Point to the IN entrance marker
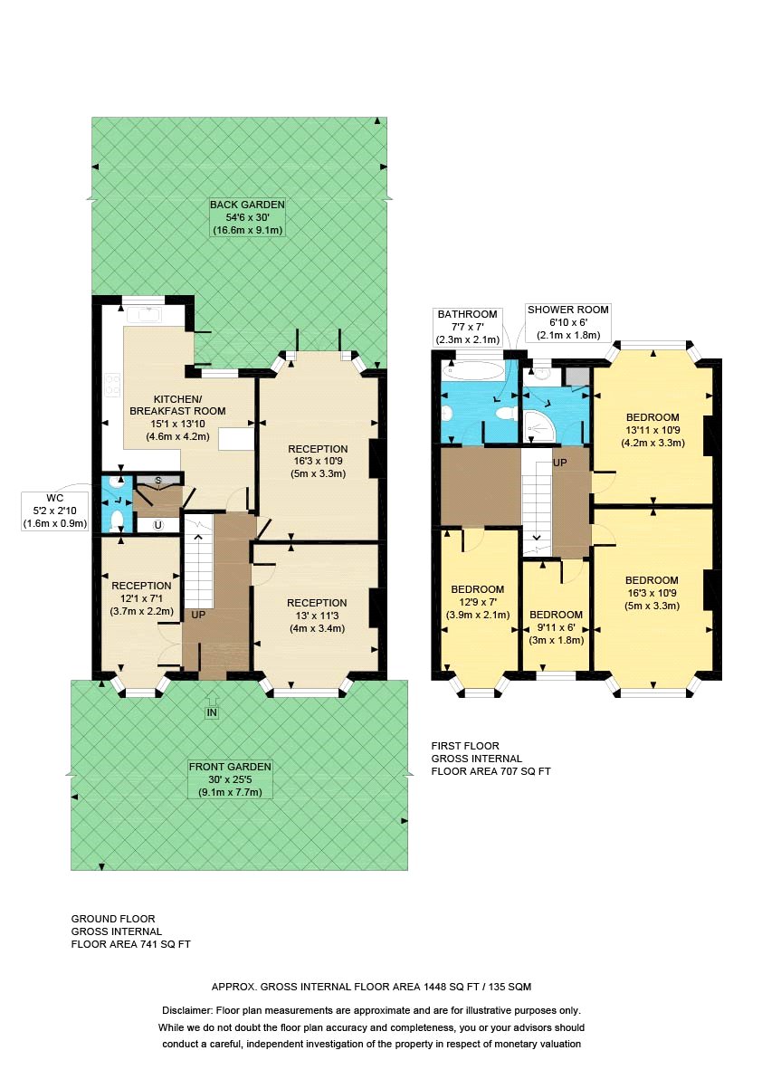tap(212, 713)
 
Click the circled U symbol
tap(158, 525)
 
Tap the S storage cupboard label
tap(158, 480)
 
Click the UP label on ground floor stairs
tap(198, 615)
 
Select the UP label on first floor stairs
tap(560, 463)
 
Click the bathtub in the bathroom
tap(474, 371)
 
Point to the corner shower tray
tap(539, 426)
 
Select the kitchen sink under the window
tap(148, 315)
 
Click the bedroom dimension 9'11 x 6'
tap(556, 627)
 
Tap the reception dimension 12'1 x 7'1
tap(142, 598)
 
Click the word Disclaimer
tap(187, 1011)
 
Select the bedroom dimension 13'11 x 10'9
tap(652, 430)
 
